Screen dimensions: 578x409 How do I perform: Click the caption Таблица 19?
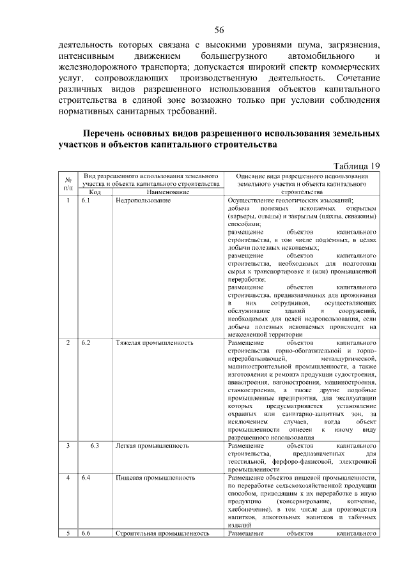tap(354, 166)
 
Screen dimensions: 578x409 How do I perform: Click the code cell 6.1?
tap(86, 201)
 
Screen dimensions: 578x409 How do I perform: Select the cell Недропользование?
tap(143, 201)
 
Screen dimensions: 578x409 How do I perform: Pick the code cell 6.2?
tap(86, 343)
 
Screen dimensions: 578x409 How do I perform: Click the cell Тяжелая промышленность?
tap(155, 343)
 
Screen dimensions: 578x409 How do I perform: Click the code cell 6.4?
tap(86, 477)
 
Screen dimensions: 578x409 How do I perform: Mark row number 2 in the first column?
tap(68, 343)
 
